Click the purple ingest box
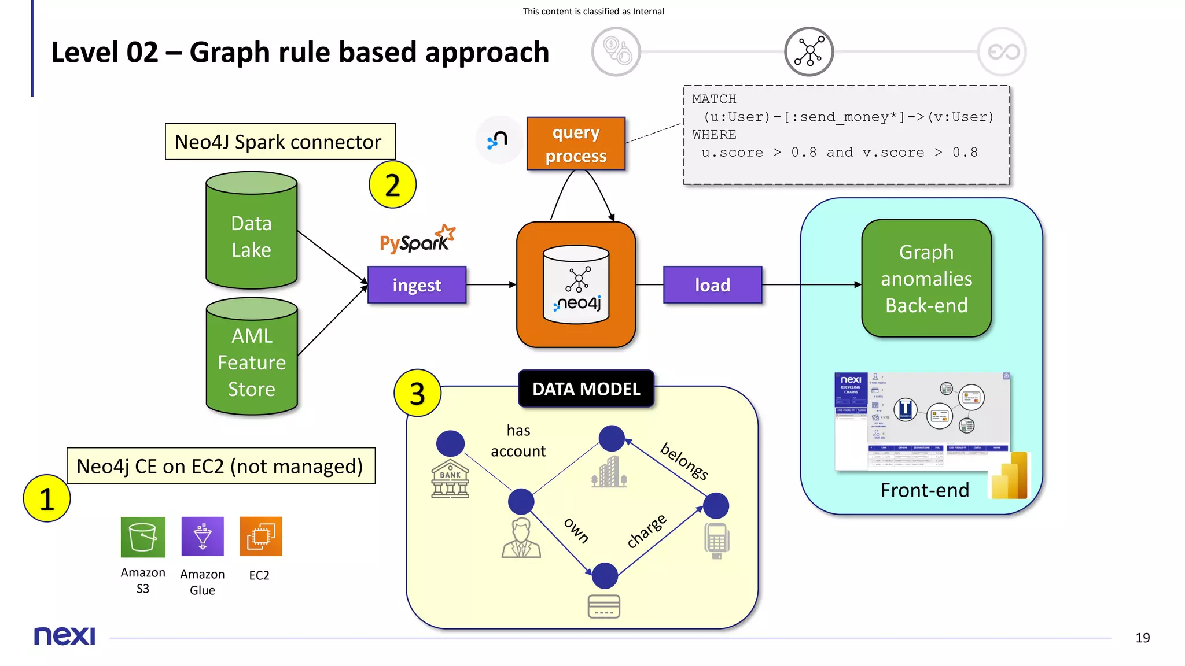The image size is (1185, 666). [417, 285]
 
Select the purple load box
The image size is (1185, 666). [712, 285]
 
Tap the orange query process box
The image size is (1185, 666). [576, 144]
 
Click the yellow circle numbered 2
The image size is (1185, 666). [392, 185]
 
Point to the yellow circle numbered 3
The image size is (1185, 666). [417, 394]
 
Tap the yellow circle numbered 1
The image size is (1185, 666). [47, 498]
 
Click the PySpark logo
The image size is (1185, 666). [417, 239]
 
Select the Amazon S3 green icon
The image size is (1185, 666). [143, 537]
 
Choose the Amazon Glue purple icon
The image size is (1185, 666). [202, 537]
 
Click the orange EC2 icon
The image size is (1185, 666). [261, 536]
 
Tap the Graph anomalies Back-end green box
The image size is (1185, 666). [926, 279]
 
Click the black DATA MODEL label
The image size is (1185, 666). [586, 389]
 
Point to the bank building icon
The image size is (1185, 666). [450, 479]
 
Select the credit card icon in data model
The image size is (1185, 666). [603, 606]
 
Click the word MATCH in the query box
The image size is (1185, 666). [714, 99]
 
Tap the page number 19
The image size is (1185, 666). [1142, 638]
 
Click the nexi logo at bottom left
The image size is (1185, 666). [64, 635]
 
